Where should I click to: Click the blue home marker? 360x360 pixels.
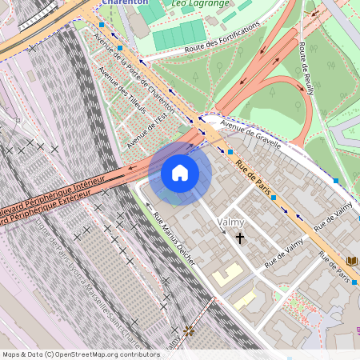(x=180, y=173)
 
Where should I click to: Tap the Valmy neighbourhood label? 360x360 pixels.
(x=230, y=222)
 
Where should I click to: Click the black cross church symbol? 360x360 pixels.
(x=239, y=238)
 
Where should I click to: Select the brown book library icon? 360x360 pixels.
(x=353, y=262)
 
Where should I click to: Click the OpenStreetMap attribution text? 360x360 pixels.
(x=80, y=354)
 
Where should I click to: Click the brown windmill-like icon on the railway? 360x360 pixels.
(x=189, y=330)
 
